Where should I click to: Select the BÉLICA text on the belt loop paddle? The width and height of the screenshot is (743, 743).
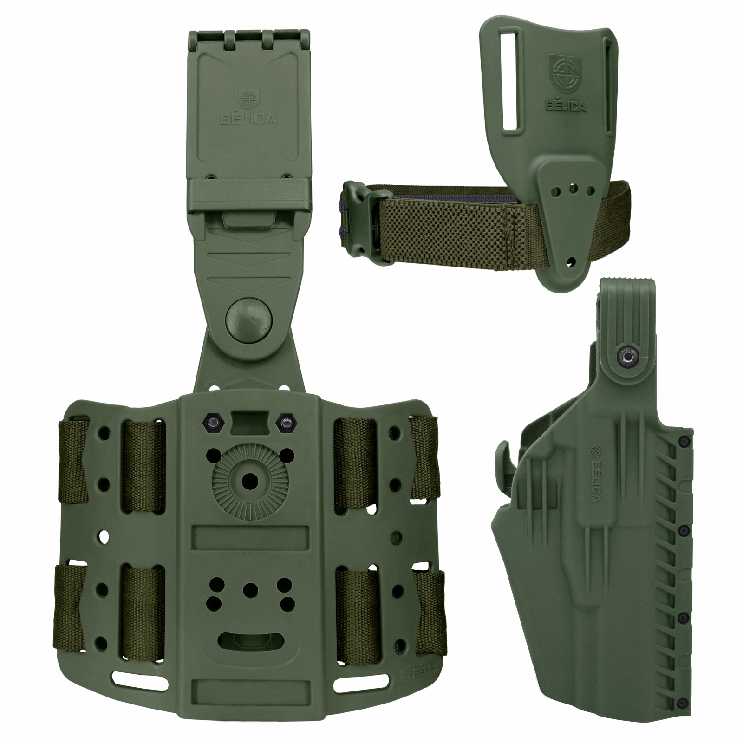[x=565, y=106]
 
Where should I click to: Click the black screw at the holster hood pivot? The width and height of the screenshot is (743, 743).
[x=622, y=357]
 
